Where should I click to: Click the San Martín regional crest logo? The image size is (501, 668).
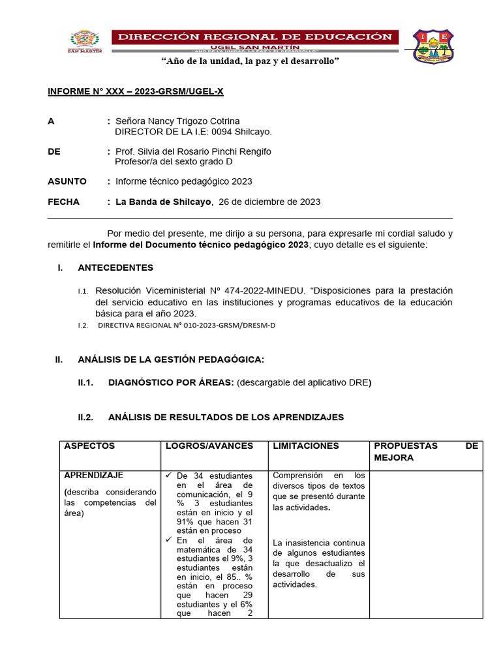coord(84,42)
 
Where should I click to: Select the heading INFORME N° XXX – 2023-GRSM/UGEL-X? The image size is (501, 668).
coord(136,91)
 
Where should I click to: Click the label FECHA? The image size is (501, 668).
coord(64,202)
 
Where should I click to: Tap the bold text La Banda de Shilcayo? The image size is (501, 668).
coord(163,202)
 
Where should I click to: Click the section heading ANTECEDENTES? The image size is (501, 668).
coord(115,267)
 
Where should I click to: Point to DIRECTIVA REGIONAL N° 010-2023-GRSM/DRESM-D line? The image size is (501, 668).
coord(187,325)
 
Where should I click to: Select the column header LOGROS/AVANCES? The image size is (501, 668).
coord(209,446)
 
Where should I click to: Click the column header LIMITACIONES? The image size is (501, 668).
coord(306,446)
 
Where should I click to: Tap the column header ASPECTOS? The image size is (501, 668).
coord(89,446)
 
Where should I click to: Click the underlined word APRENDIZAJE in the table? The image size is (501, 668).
coord(94,476)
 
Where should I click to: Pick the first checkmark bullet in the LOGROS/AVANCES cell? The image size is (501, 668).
coord(169,476)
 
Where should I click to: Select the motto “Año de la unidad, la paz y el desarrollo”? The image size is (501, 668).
coord(250,61)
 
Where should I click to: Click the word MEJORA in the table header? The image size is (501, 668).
coord(393,459)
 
